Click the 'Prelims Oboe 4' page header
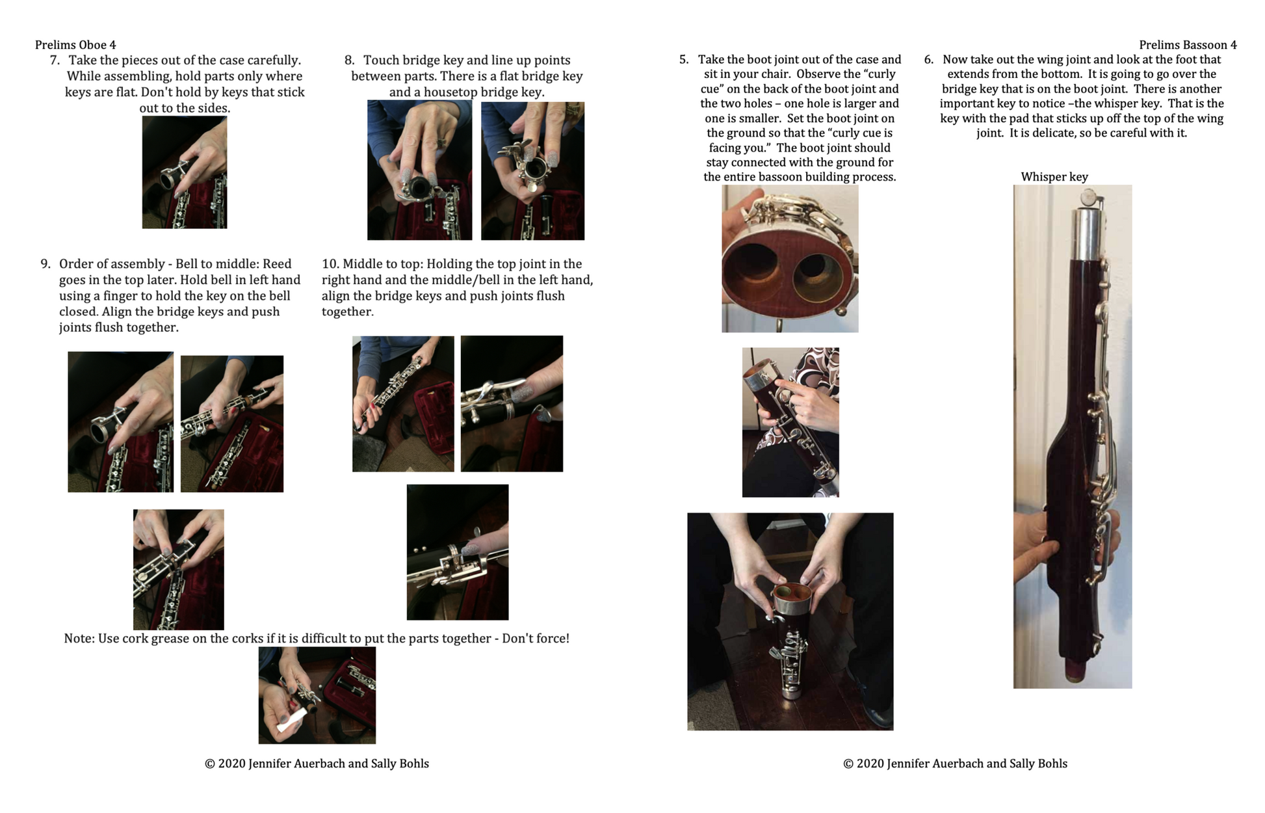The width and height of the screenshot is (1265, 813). [75, 45]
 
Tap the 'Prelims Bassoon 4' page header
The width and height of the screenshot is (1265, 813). [1188, 45]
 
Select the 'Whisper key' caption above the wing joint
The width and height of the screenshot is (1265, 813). [1054, 177]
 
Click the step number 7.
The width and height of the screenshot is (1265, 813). [55, 60]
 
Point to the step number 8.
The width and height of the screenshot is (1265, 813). [349, 60]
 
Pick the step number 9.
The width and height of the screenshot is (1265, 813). [45, 264]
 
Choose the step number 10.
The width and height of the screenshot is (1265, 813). [330, 264]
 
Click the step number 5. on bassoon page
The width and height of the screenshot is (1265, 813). [684, 60]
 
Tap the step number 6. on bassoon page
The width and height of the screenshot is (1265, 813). [929, 60]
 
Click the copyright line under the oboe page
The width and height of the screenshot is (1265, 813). [317, 764]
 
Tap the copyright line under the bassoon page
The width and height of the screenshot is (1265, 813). [955, 764]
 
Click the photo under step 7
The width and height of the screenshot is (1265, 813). [185, 172]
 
